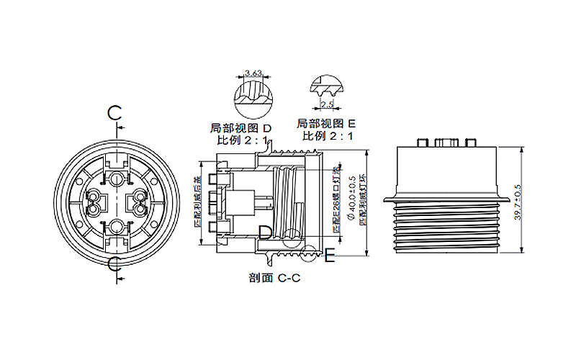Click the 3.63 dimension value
(x=253, y=73)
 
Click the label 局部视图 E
(x=327, y=123)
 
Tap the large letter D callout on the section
(x=265, y=232)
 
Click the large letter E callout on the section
(x=330, y=255)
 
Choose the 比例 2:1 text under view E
(x=328, y=135)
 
